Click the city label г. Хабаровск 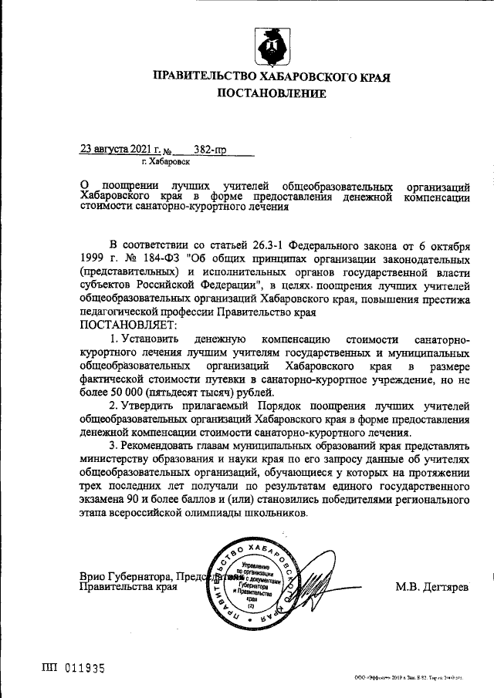click(x=166, y=162)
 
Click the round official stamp click(x=254, y=583)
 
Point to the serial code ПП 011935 click(x=73, y=667)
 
